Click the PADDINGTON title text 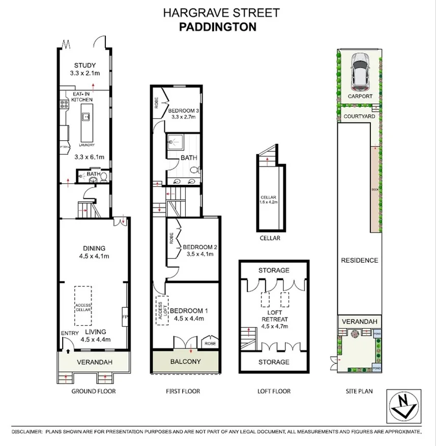218,27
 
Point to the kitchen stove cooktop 65,105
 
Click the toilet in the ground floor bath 103,177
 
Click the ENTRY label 68,333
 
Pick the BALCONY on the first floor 186,362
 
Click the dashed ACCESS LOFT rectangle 162,309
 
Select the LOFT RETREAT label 274,315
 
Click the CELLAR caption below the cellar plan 269,238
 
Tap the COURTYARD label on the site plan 359,116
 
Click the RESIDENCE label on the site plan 359,260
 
